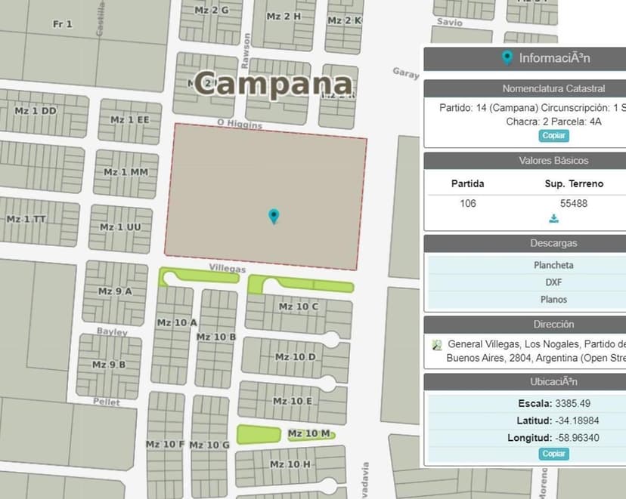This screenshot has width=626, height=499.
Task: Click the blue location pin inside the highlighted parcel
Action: [274, 217]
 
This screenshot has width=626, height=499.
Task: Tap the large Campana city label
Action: [273, 83]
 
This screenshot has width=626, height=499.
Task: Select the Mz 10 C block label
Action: [298, 306]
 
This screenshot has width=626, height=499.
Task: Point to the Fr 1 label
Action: [63, 24]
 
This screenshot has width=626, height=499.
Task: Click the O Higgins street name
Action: [239, 123]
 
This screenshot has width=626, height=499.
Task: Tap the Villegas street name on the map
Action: [227, 269]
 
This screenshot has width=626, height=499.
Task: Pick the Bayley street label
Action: [112, 331]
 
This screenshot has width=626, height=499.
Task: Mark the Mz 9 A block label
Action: [115, 291]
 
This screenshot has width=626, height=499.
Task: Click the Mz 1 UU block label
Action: [120, 227]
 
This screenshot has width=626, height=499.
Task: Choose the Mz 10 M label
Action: [309, 433]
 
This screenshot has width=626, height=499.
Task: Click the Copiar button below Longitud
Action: [554, 454]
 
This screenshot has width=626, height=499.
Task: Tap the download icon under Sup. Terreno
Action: [554, 219]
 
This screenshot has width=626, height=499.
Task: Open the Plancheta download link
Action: [553, 265]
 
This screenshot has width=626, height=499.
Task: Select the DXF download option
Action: [553, 282]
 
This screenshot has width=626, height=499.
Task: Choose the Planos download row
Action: [553, 300]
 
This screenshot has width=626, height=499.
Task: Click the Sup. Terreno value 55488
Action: [573, 203]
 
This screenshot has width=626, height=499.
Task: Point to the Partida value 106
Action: [468, 203]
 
